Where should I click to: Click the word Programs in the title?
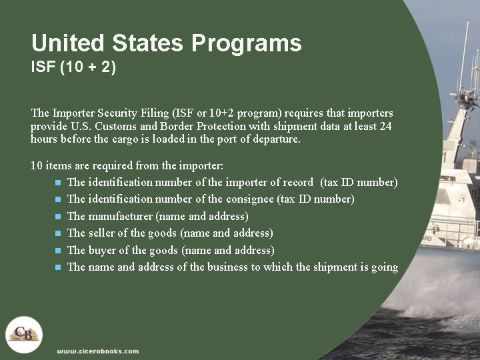247,44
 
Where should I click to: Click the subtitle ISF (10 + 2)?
73,68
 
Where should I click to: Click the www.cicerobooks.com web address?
98,351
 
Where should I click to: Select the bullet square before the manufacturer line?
58,217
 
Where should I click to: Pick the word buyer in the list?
103,250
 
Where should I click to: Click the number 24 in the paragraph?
385,126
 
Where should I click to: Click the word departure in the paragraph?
277,139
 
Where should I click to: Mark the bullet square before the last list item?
58,267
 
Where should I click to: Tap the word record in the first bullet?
297,182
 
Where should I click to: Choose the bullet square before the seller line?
58,233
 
